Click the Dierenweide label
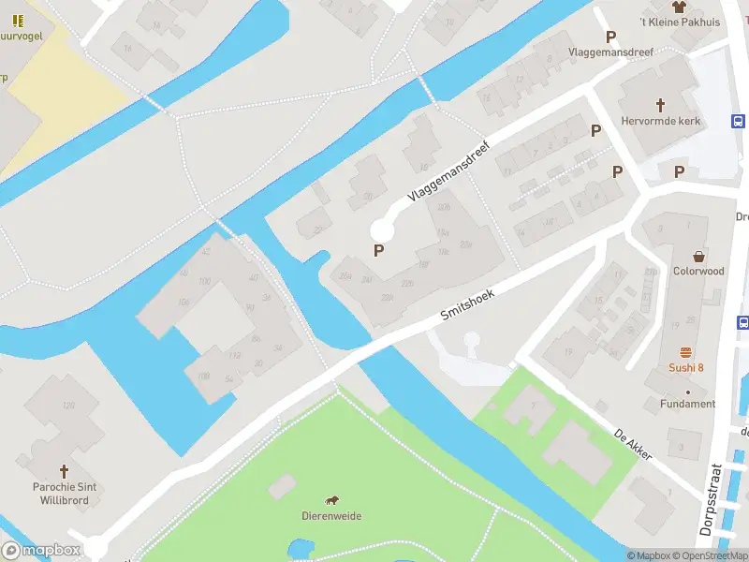[x=331, y=516]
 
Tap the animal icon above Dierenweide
[x=331, y=500]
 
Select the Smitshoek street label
[x=467, y=305]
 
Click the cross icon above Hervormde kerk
[x=661, y=105]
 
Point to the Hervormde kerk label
[x=661, y=121]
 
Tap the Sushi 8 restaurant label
[x=686, y=367]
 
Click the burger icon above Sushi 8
[x=686, y=352]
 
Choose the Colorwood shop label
[x=698, y=271]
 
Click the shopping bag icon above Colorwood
[x=698, y=255]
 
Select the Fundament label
[x=687, y=404]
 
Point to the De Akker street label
[x=632, y=445]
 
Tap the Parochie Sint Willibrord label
[x=65, y=494]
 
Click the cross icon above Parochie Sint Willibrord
[x=65, y=470]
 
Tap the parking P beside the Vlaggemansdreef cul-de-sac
[x=379, y=250]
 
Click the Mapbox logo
[x=41, y=551]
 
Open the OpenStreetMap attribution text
[x=710, y=555]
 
